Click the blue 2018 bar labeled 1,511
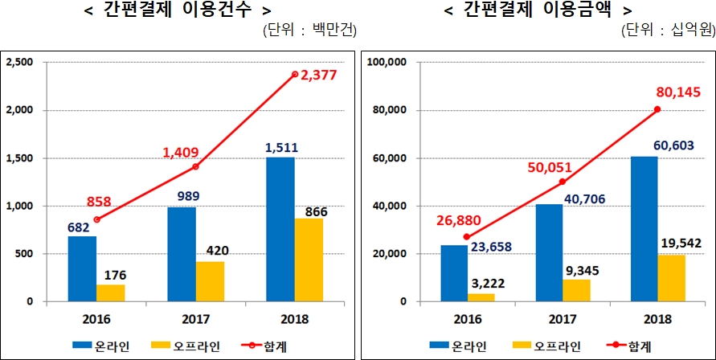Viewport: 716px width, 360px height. tap(280, 229)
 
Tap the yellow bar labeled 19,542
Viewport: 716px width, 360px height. tap(671, 278)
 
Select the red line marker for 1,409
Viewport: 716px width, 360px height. tap(195, 166)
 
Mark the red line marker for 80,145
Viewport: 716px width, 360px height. tap(657, 109)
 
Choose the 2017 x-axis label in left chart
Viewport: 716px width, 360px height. tap(195, 317)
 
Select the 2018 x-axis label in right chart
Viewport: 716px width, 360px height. tap(657, 317)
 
